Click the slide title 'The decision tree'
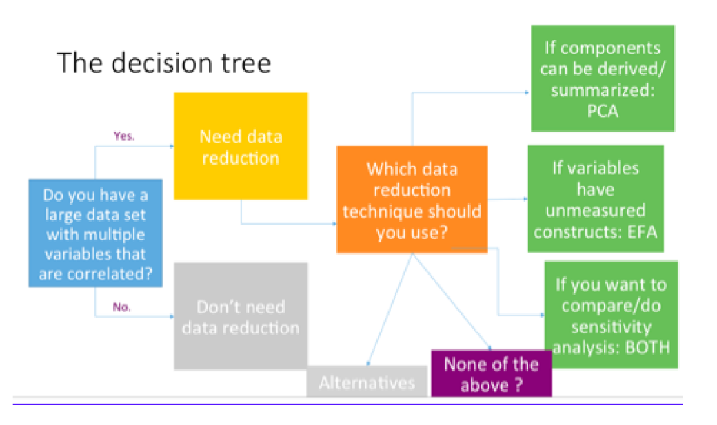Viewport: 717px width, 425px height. tap(164, 63)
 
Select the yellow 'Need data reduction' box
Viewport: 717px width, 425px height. tap(240, 146)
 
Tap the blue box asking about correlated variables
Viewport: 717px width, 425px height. tap(96, 234)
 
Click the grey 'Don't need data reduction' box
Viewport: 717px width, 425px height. tap(240, 317)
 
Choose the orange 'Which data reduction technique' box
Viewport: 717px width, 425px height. tap(412, 200)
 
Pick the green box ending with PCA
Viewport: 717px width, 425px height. tap(602, 79)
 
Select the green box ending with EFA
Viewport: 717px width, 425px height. tap(595, 199)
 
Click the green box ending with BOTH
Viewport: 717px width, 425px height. tap(611, 315)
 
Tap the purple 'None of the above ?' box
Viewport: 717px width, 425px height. tap(491, 374)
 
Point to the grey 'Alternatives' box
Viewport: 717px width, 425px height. tap(367, 382)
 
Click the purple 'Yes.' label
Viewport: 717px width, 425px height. tap(124, 136)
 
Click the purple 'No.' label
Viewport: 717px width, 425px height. tap(122, 307)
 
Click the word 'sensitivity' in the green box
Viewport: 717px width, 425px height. tap(611, 326)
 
